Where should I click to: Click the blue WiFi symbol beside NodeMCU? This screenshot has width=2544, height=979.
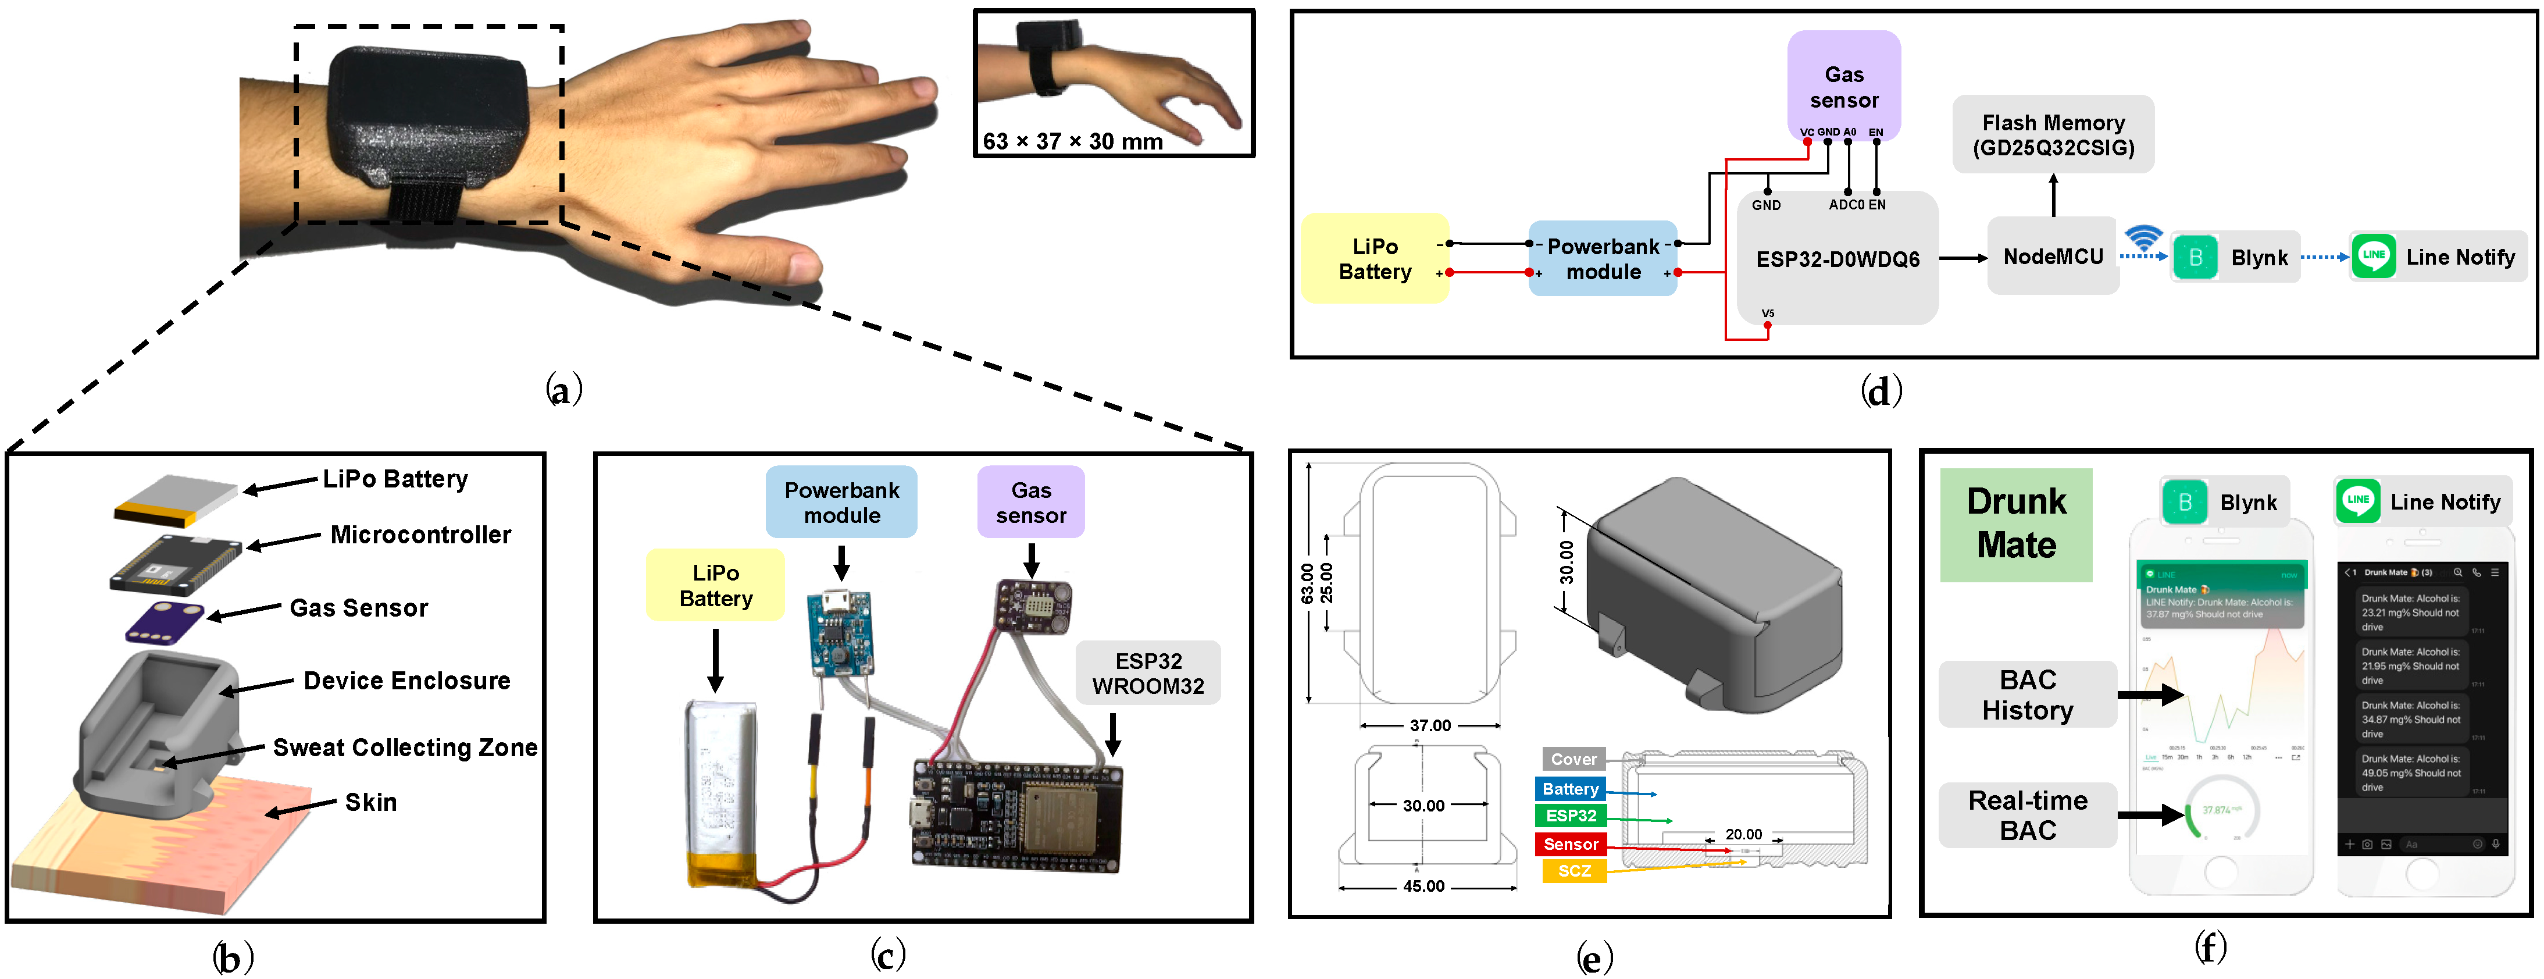tap(2143, 237)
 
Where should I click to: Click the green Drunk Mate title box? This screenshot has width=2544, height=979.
tap(2015, 524)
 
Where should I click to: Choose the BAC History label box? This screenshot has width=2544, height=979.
tap(2028, 695)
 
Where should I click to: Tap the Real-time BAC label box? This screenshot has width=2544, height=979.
tap(2028, 815)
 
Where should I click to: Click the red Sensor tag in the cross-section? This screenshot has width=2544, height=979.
tap(1570, 843)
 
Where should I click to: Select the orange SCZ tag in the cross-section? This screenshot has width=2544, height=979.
tap(1574, 870)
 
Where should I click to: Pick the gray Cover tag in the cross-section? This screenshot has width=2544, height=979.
tap(1574, 759)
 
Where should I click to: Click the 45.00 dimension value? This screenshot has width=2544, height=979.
tap(1423, 886)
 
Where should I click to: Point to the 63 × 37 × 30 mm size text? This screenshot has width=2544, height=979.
tap(1072, 141)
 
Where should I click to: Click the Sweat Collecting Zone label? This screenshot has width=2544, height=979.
tap(405, 748)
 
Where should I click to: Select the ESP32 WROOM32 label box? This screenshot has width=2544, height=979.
tap(1148, 674)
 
